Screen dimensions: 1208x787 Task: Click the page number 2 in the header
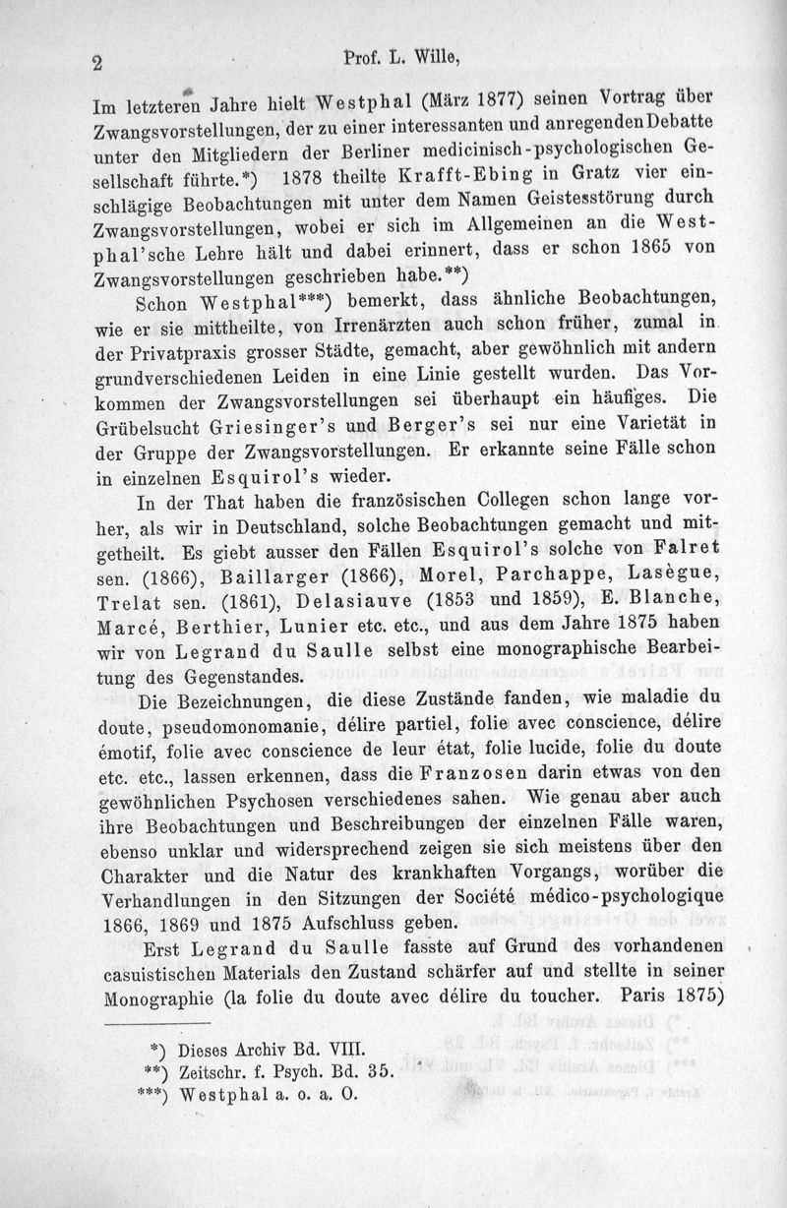97,62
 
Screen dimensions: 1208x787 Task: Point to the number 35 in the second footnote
379,1068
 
